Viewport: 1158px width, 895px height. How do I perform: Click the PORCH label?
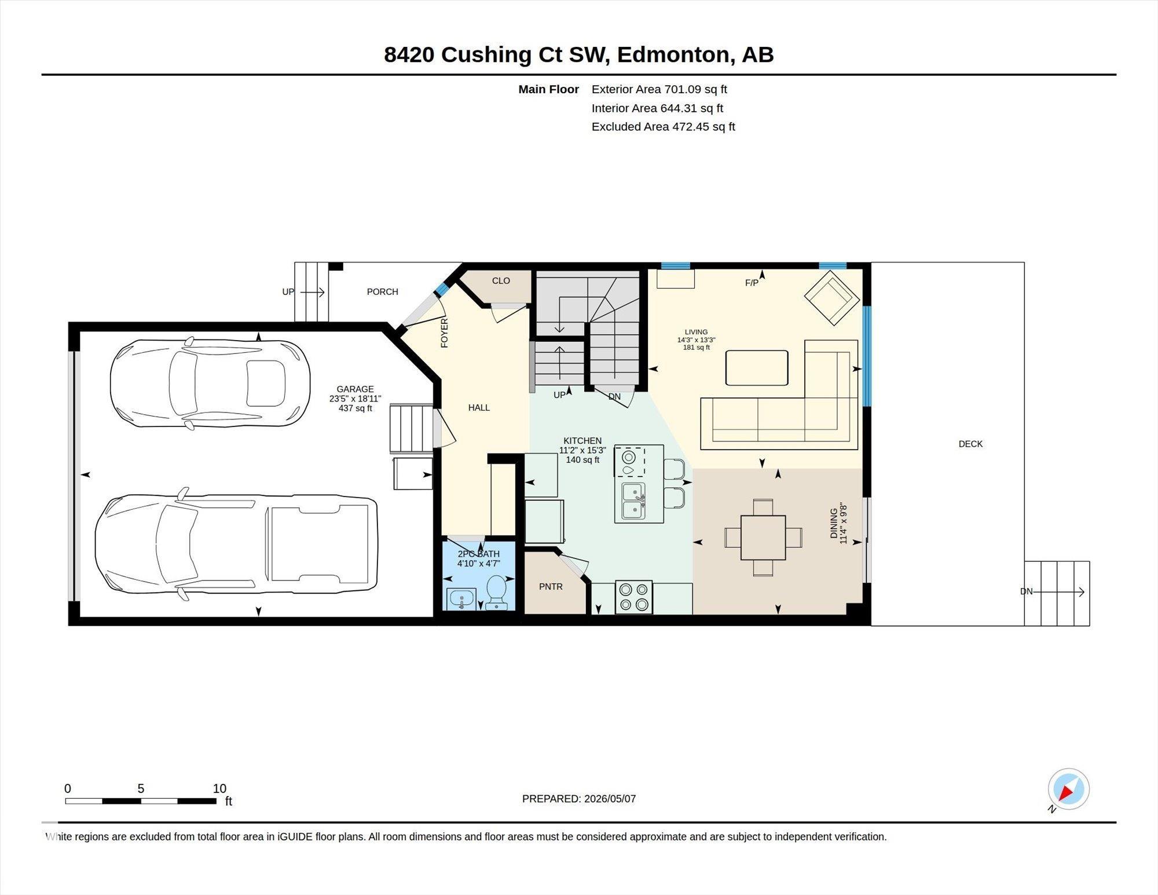pos(382,291)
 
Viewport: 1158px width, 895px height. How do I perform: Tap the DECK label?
pos(970,444)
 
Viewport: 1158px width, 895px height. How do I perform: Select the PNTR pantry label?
pos(551,586)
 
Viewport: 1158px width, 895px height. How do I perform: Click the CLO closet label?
pos(501,280)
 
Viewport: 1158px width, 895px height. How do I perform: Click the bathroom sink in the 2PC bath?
pos(461,598)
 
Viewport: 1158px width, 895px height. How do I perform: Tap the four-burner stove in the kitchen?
pos(633,597)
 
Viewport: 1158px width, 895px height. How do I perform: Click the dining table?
pos(763,538)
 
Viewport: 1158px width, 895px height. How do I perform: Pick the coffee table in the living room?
pos(757,367)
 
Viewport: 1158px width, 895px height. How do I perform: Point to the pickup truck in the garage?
pos(236,544)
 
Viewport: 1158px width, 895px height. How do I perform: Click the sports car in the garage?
pos(210,383)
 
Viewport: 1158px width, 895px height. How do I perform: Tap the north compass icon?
pos(1068,789)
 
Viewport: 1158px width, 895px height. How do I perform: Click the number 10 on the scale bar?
pos(219,788)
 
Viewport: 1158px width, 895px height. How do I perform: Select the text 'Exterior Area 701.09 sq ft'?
pos(659,89)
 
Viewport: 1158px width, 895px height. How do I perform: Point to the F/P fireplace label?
pos(752,283)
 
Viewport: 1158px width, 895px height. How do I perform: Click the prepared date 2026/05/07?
pos(610,798)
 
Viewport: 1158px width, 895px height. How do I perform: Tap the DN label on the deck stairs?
pos(1026,591)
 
